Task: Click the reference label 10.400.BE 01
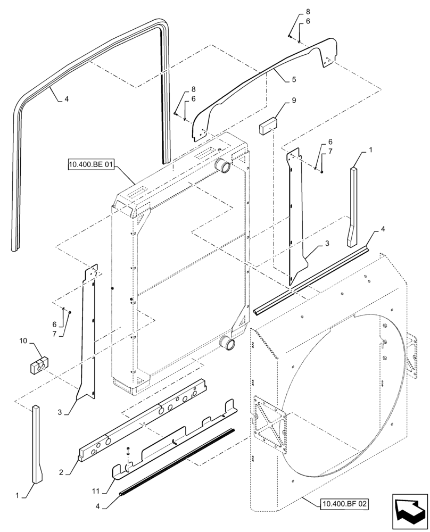(91, 164)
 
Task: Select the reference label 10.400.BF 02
(344, 502)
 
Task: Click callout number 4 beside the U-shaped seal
(67, 98)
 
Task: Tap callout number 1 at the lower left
(18, 495)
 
